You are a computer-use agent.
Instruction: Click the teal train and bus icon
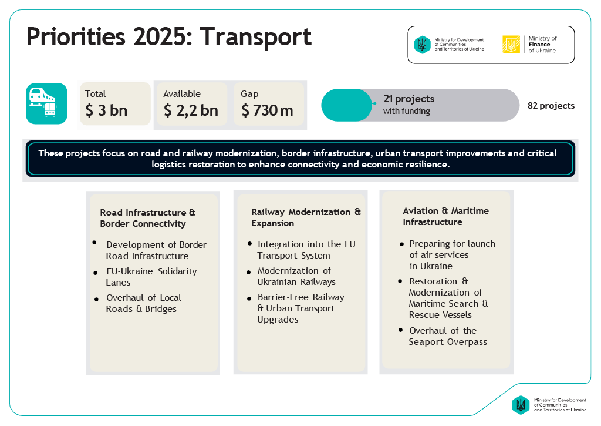pyautogui.click(x=46, y=103)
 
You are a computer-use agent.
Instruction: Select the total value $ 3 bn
pyautogui.click(x=106, y=110)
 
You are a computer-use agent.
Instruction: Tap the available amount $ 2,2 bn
pyautogui.click(x=191, y=110)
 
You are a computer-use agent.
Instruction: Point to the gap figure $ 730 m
pyautogui.click(x=267, y=110)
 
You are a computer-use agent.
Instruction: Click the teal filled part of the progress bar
pyautogui.click(x=346, y=105)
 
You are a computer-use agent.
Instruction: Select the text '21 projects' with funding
pyautogui.click(x=408, y=99)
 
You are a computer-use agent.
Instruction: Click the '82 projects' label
pyautogui.click(x=551, y=106)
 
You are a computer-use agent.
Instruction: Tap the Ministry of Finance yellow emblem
pyautogui.click(x=511, y=45)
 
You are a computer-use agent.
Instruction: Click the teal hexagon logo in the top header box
pyautogui.click(x=422, y=45)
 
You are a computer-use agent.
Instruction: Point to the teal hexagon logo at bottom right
pyautogui.click(x=520, y=404)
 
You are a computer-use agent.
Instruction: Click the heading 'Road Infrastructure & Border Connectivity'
pyautogui.click(x=147, y=218)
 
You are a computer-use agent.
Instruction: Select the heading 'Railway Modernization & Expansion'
pyautogui.click(x=306, y=217)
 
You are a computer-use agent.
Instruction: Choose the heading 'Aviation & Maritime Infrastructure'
pyautogui.click(x=445, y=216)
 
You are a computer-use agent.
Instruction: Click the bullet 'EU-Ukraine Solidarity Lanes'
pyautogui.click(x=151, y=277)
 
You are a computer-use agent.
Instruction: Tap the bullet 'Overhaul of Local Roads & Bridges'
pyautogui.click(x=143, y=303)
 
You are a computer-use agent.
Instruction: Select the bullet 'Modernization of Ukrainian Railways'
pyautogui.click(x=296, y=276)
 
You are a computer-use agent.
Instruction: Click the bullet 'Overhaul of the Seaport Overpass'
pyautogui.click(x=447, y=336)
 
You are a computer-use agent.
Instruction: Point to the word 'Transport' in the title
pyautogui.click(x=255, y=37)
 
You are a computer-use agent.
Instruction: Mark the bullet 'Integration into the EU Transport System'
pyautogui.click(x=306, y=250)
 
